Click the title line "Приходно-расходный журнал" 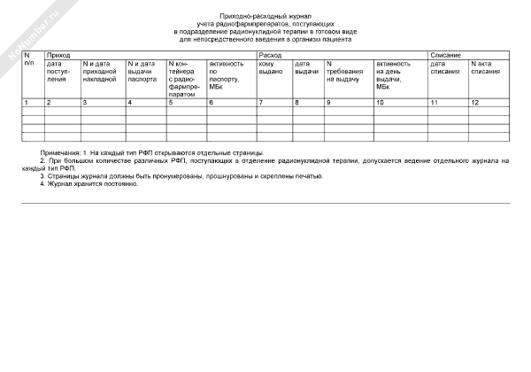coord(265,17)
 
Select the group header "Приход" coord(58,55)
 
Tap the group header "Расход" coord(270,55)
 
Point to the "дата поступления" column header coord(59,72)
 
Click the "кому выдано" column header coord(270,68)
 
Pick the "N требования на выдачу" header coord(345,72)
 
